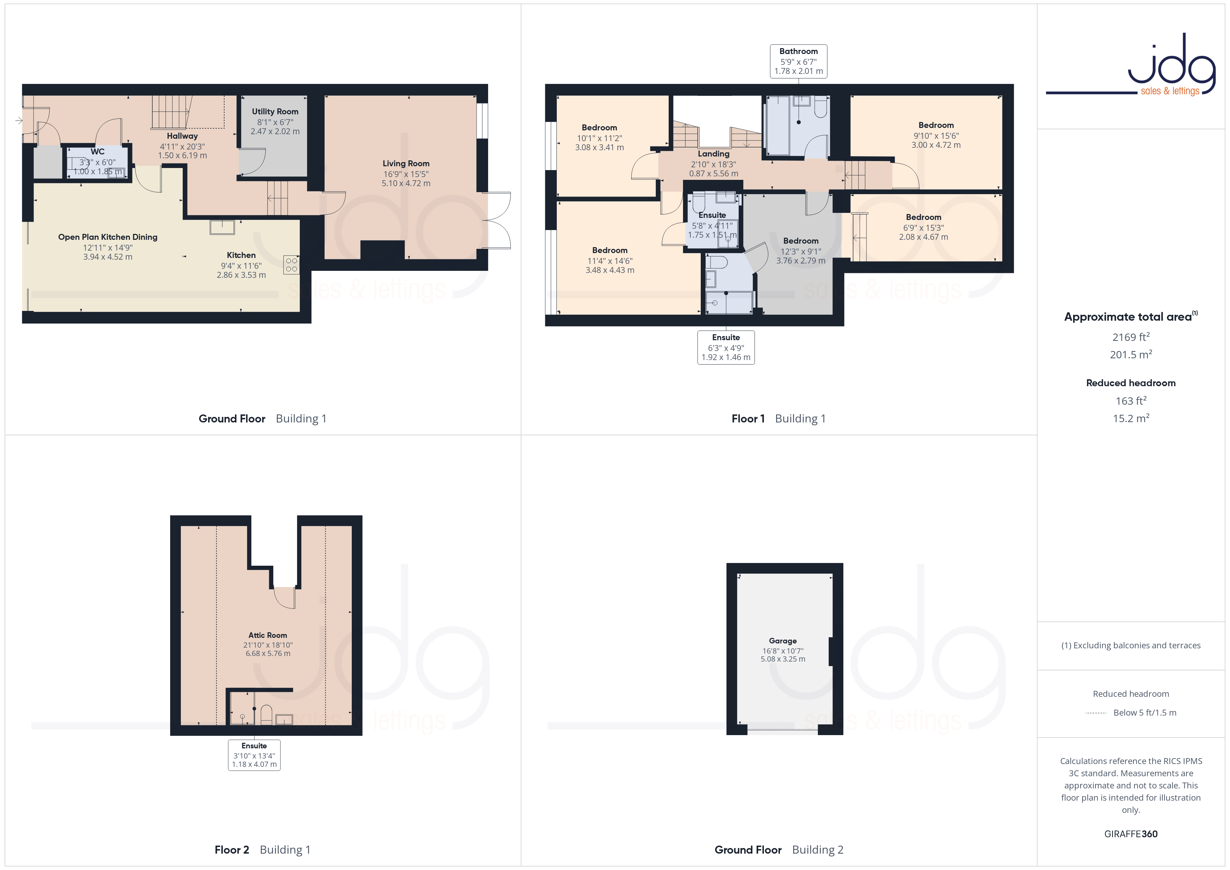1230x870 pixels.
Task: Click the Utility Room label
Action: (275, 112)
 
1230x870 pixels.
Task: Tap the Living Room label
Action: (405, 163)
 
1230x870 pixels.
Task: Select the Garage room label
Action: (783, 641)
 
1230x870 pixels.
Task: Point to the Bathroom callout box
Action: (798, 61)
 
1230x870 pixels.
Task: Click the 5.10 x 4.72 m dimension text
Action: (405, 183)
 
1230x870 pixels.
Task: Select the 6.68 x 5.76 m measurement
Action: (268, 654)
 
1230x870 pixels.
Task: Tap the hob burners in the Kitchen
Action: (291, 265)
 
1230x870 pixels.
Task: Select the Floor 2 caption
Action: (231, 850)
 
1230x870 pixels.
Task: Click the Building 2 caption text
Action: (818, 850)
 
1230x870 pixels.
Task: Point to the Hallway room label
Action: (182, 136)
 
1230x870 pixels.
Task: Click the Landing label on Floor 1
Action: (714, 154)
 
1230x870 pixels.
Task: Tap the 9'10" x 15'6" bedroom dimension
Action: (936, 136)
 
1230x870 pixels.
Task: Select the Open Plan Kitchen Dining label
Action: (108, 237)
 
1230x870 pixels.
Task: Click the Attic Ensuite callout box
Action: (254, 755)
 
